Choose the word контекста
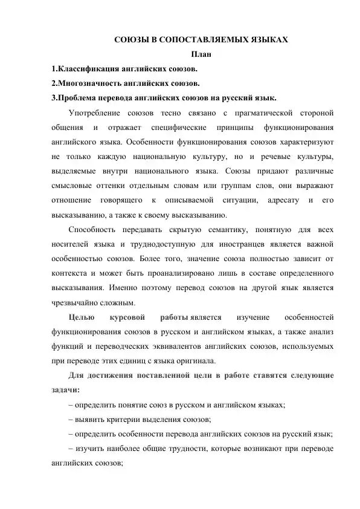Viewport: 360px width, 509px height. point(69,274)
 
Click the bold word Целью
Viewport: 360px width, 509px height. point(80,317)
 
